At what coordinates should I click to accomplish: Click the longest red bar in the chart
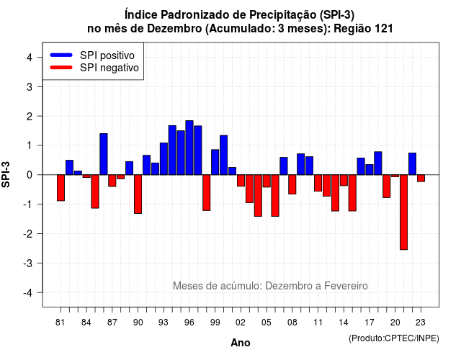tap(403, 212)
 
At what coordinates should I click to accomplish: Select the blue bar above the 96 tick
tap(189, 148)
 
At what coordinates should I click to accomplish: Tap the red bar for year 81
tap(61, 188)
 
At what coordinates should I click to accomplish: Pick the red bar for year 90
tap(138, 194)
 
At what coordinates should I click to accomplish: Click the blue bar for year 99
tap(215, 162)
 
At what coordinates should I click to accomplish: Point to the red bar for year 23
tap(421, 178)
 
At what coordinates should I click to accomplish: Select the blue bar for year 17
tap(370, 170)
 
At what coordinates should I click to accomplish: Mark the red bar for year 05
tap(267, 181)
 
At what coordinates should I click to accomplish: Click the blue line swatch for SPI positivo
tap(61, 55)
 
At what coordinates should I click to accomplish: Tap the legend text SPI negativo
tap(109, 68)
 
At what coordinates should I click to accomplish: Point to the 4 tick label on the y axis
tap(30, 58)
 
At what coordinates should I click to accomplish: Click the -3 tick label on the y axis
tap(27, 263)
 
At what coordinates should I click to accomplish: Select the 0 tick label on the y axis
tap(30, 175)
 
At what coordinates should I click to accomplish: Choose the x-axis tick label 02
tap(241, 323)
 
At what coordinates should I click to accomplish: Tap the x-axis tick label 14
tap(344, 323)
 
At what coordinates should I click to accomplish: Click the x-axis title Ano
tap(241, 343)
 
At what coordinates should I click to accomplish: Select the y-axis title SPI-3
tap(6, 175)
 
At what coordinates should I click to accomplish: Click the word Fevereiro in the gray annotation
tap(346, 286)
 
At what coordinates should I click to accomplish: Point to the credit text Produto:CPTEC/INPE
tap(394, 338)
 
